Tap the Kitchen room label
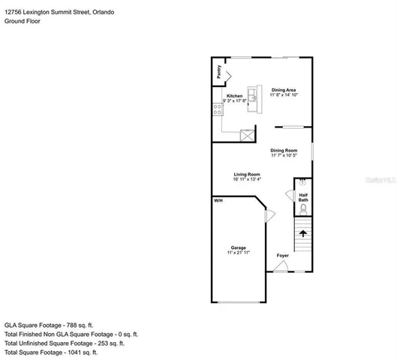click(235, 96)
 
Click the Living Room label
click(247, 174)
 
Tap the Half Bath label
click(303, 197)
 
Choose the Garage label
click(239, 247)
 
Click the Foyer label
click(282, 256)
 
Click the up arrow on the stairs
click(303, 234)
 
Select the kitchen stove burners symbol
click(218, 109)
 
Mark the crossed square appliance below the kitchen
click(246, 136)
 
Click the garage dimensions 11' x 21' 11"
click(239, 253)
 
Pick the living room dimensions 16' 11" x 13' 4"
click(247, 180)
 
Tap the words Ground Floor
click(23, 22)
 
